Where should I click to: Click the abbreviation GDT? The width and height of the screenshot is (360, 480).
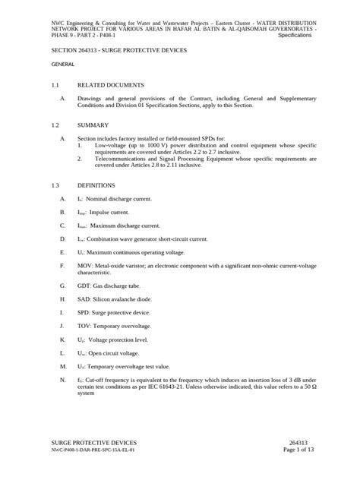click(84, 287)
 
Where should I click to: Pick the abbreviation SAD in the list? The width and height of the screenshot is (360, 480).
click(84, 301)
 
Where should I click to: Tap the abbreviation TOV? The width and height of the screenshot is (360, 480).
click(84, 327)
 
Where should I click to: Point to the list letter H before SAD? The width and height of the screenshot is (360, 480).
click(62, 301)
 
